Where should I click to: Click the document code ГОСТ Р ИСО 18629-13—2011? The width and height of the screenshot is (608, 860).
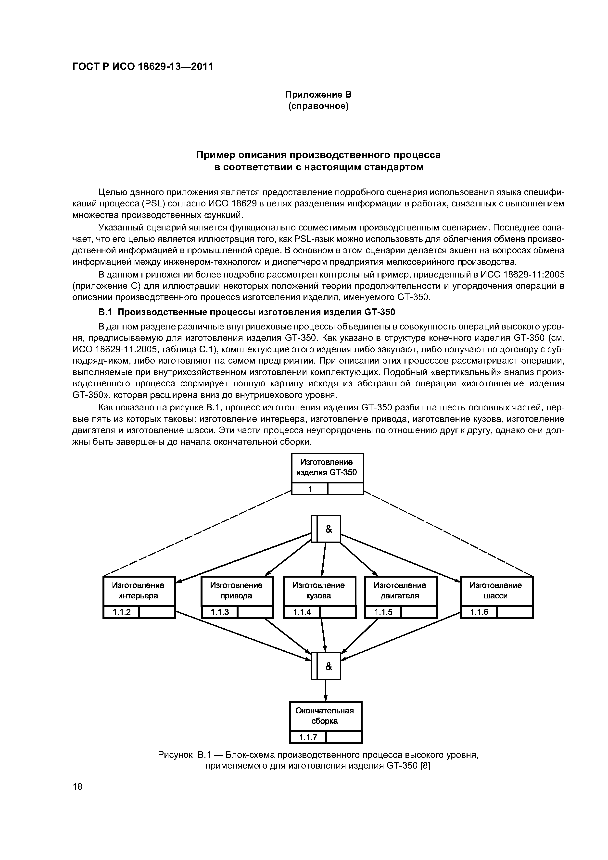(142, 67)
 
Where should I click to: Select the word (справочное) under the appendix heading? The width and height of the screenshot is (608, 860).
(318, 106)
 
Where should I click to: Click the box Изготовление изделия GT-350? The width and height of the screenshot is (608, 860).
(328, 468)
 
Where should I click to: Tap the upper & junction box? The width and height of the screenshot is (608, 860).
(326, 529)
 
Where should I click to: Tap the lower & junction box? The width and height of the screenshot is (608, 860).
(326, 666)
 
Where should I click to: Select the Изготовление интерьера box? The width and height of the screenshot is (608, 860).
(139, 590)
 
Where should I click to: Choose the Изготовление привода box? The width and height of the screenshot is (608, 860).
(237, 590)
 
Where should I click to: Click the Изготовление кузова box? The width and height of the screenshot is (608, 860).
(319, 590)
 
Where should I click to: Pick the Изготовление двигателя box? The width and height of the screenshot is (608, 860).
(400, 590)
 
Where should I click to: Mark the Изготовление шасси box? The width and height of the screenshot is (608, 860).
(496, 590)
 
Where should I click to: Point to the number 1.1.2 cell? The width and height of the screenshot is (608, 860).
(121, 612)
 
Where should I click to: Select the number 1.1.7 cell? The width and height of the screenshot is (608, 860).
(308, 737)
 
